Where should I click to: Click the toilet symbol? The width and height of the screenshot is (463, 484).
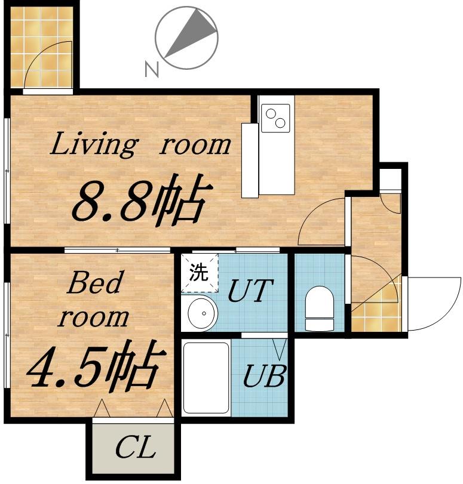320,309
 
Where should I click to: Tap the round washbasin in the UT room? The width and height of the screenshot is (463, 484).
203,313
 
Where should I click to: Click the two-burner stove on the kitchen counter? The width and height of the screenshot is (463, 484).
275,118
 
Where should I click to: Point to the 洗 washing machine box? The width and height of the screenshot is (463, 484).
200,273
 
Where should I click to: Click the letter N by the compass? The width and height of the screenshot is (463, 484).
152,69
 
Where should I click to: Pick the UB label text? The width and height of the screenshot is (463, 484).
264,375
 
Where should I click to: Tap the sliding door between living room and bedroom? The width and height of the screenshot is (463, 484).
118,250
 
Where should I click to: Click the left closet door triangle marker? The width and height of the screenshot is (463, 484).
102,408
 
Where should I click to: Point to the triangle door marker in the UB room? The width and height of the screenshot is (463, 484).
280,350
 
